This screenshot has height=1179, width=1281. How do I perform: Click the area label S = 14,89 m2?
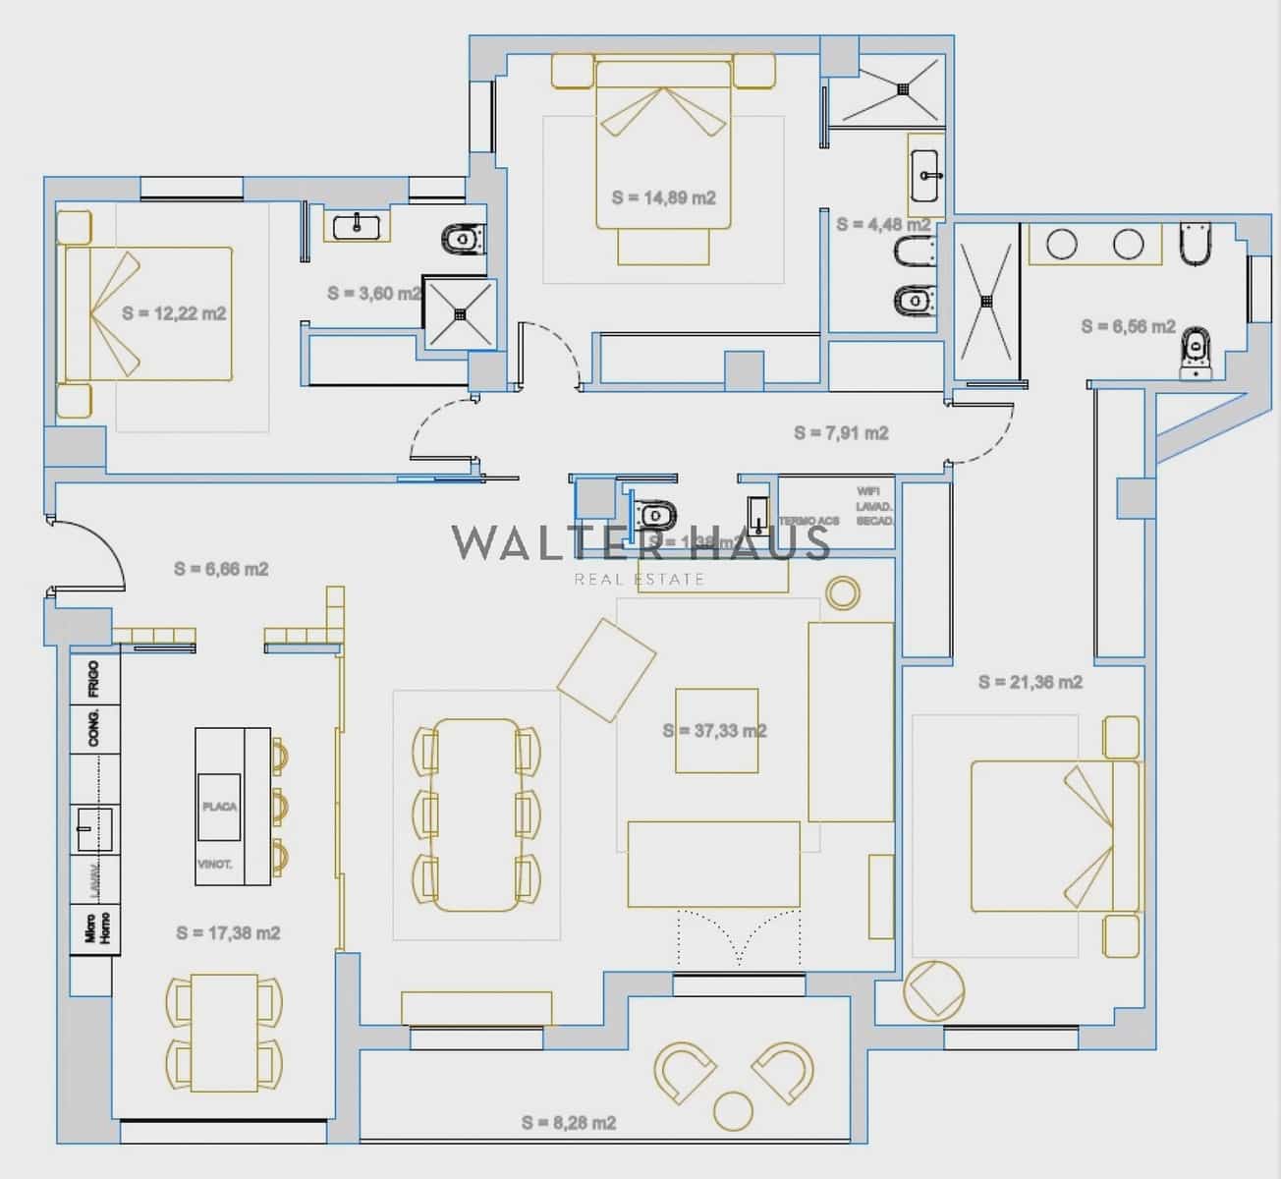pos(663,197)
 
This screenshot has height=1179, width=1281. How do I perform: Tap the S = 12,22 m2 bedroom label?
pos(174,313)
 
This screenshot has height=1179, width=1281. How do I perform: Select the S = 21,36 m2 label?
pos(1030,682)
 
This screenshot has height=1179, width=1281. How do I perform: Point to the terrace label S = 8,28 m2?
pos(569,1122)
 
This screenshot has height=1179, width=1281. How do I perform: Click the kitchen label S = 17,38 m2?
pos(228,932)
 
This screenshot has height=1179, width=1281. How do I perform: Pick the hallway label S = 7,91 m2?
pos(841,432)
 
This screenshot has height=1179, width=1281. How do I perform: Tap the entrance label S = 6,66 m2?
pos(221,569)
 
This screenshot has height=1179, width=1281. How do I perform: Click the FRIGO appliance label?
pos(94,678)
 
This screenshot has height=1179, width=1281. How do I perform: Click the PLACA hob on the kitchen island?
pos(219,806)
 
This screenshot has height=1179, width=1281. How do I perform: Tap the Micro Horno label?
pos(97,926)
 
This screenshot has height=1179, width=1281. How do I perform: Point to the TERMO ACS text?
pos(809,521)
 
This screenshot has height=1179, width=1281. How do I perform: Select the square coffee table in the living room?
pos(716,730)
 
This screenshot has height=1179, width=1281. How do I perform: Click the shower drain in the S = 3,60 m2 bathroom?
pos(459,314)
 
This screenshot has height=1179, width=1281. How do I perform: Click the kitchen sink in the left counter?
pos(95,828)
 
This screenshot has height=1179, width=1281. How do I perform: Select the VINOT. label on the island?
pos(214,865)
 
